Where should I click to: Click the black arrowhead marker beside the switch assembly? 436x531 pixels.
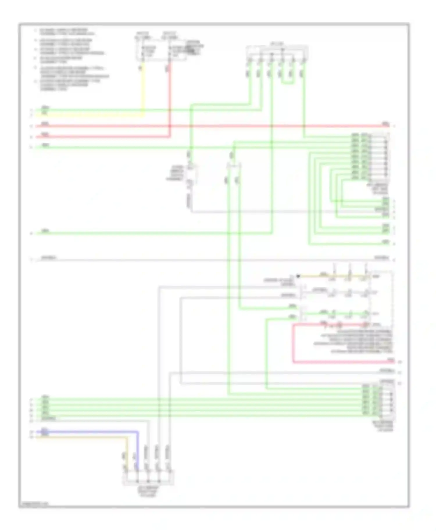[298, 276]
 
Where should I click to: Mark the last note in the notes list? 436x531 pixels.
[70, 85]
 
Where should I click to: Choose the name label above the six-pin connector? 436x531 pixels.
[277, 44]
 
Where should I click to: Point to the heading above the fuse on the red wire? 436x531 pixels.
[170, 35]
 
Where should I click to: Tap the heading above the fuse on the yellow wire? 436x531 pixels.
[143, 35]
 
